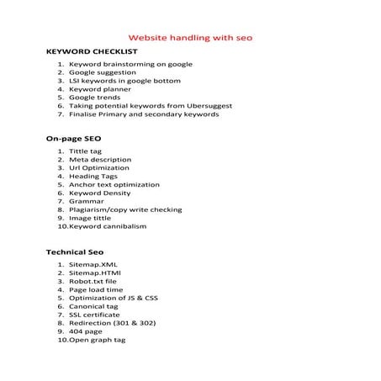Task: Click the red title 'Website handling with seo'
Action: (189, 38)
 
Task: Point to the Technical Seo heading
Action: (71, 251)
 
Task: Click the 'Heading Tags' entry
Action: (95, 178)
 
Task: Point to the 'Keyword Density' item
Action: (100, 193)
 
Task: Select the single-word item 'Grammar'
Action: (86, 202)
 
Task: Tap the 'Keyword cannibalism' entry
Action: (108, 227)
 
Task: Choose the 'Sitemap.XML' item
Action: (93, 266)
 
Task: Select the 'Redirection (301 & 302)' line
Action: (112, 323)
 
